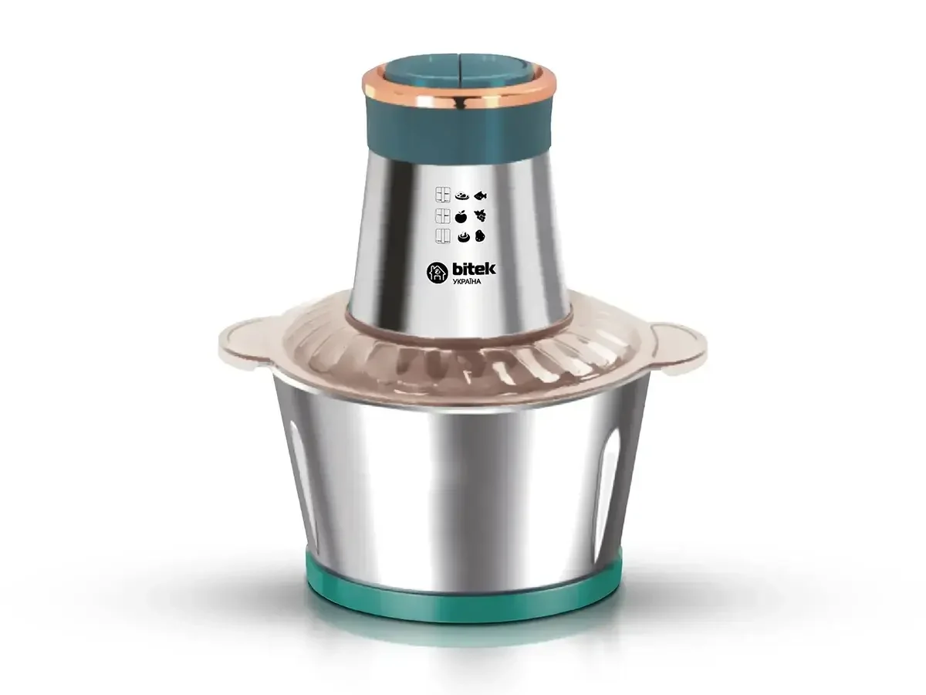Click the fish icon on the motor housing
pyautogui.click(x=481, y=195)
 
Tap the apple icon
pyautogui.click(x=461, y=215)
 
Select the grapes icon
pyautogui.click(x=481, y=215)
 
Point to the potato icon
pyautogui.click(x=480, y=236)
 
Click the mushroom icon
pyautogui.click(x=461, y=237)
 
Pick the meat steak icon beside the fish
pyautogui.click(x=461, y=196)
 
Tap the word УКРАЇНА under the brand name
pyautogui.click(x=466, y=281)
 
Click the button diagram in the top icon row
pyautogui.click(x=442, y=196)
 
